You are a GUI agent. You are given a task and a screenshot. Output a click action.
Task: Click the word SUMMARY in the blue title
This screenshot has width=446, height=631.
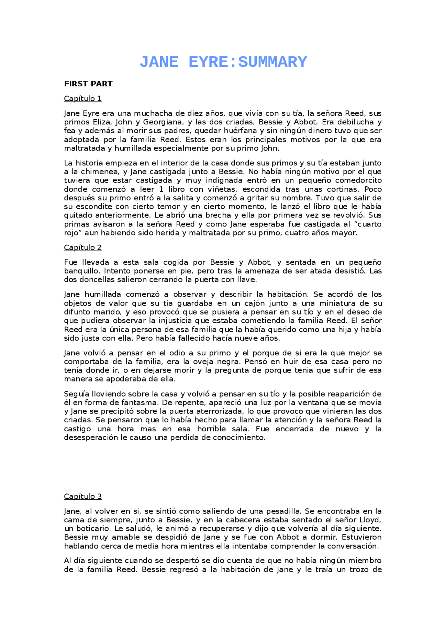pyautogui.click(x=272, y=62)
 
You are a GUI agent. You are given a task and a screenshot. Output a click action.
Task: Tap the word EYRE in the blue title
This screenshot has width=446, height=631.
pyautogui.click(x=208, y=62)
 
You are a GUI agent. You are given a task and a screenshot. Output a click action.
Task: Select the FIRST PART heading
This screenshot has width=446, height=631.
pyautogui.click(x=88, y=84)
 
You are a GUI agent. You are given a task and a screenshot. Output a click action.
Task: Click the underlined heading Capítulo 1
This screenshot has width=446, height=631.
pyautogui.click(x=83, y=99)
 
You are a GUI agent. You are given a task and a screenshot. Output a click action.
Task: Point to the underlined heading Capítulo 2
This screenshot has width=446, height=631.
pyautogui.click(x=83, y=248)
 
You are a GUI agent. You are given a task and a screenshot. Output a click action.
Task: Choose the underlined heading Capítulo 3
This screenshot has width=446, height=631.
pyautogui.click(x=83, y=497)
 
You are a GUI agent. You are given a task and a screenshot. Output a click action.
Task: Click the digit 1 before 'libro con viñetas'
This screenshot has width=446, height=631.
pyautogui.click(x=161, y=190)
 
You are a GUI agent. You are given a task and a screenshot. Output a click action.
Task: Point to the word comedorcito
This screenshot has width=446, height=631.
pyautogui.click(x=359, y=180)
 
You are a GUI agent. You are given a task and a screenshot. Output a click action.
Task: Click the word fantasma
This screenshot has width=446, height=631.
pyautogui.click(x=136, y=403)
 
